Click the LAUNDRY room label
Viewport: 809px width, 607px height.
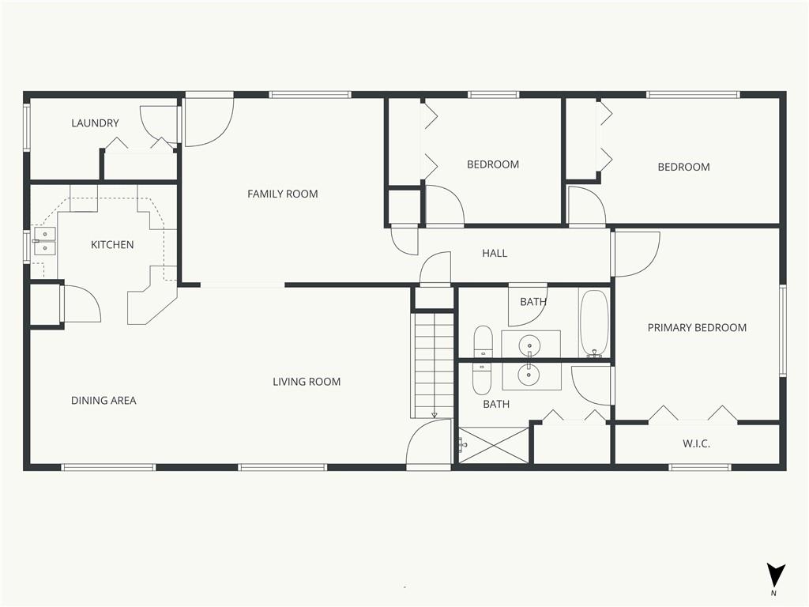point(95,123)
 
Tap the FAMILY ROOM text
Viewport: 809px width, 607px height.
point(282,194)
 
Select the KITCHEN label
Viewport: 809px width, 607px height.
point(112,245)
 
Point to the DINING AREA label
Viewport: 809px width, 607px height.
point(103,401)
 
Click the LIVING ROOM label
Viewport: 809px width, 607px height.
point(307,382)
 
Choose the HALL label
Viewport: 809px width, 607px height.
point(495,254)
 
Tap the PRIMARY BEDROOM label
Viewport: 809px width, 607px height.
point(697,328)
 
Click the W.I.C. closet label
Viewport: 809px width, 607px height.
point(696,443)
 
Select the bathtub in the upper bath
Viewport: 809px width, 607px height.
point(594,323)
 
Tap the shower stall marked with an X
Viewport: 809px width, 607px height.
point(494,445)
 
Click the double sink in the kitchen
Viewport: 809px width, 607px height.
point(45,242)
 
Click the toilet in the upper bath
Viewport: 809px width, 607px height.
point(483,341)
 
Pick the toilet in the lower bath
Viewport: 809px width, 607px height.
point(482,379)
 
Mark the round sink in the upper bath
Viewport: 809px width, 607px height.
point(529,345)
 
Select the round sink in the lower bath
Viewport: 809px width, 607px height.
point(529,374)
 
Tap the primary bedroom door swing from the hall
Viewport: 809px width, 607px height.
point(636,254)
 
